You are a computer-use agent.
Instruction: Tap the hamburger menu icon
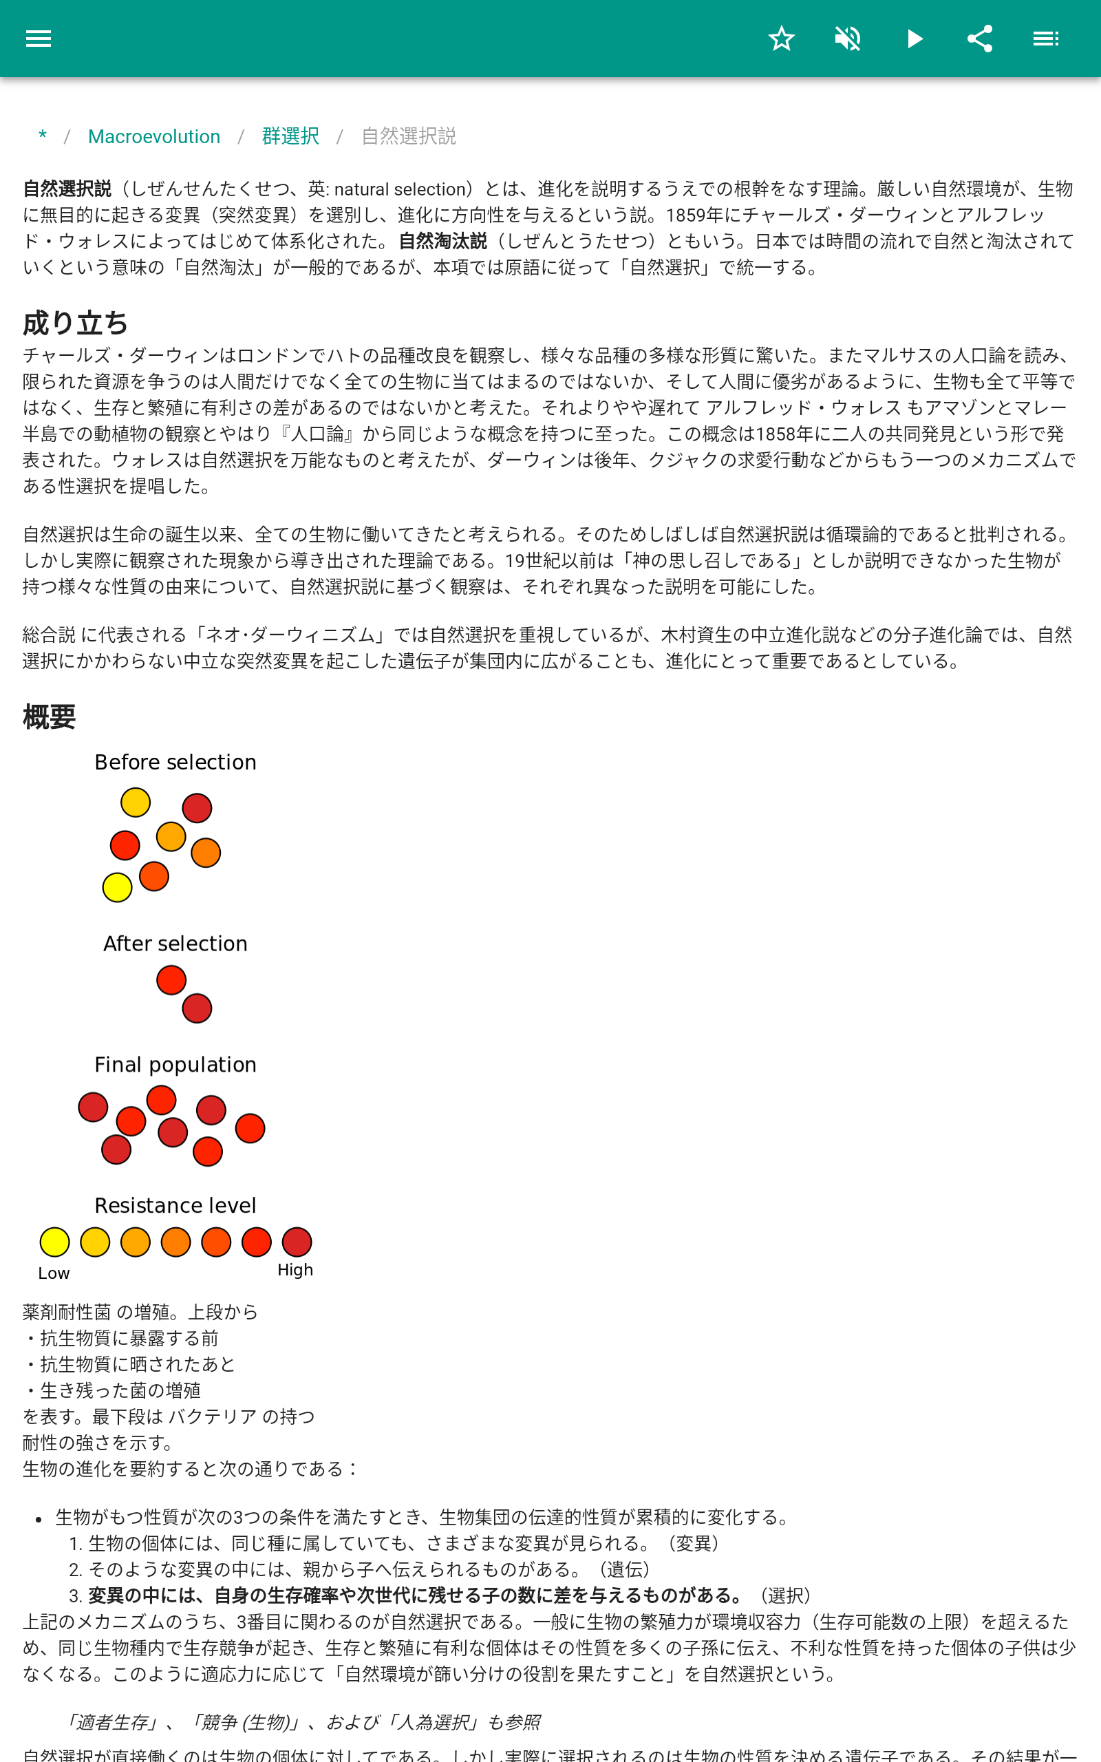39,39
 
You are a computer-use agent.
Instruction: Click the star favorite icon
781,39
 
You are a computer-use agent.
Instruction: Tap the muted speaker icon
848,39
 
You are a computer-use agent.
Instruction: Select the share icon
979,39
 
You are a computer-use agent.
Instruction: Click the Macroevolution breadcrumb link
153,136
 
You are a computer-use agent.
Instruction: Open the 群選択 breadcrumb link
290,136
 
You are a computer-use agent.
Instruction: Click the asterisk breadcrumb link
43,136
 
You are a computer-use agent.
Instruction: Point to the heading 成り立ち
76,323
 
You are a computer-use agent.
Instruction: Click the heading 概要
50,717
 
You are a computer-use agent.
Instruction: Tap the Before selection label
175,762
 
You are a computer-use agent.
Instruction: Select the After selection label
175,943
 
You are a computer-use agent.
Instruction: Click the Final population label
175,1064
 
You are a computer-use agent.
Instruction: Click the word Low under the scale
54,1273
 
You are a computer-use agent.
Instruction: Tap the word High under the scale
295,1269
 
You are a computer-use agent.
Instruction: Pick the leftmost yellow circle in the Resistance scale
54,1242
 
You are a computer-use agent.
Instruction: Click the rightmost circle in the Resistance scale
297,1242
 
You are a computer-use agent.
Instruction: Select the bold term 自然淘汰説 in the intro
442,241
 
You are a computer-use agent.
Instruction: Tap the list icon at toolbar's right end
1046,39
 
